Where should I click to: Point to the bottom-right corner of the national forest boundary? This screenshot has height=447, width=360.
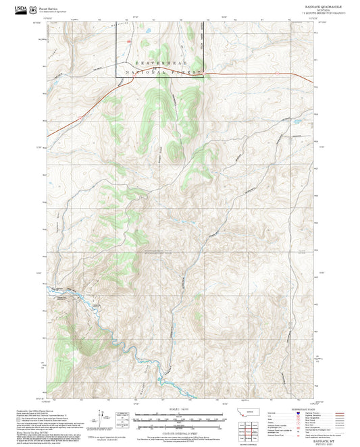coord(203,74)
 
